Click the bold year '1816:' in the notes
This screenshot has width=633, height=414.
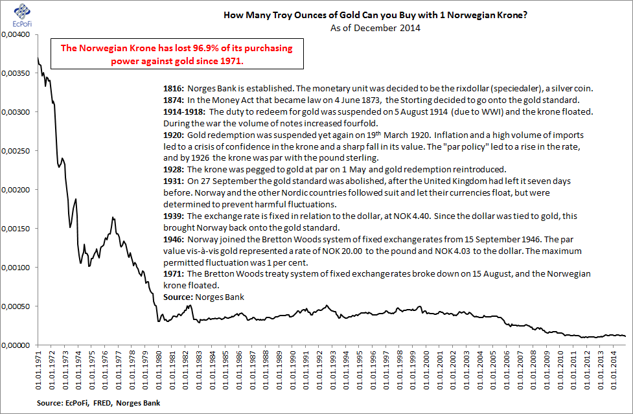tap(175, 88)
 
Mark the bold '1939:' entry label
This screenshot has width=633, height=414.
tap(175, 216)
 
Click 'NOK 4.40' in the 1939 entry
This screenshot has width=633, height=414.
tap(454, 216)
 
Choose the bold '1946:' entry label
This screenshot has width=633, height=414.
tap(175, 239)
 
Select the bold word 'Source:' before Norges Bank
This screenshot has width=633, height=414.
tap(179, 297)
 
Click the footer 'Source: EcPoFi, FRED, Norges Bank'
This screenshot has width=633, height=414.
tap(99, 403)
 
